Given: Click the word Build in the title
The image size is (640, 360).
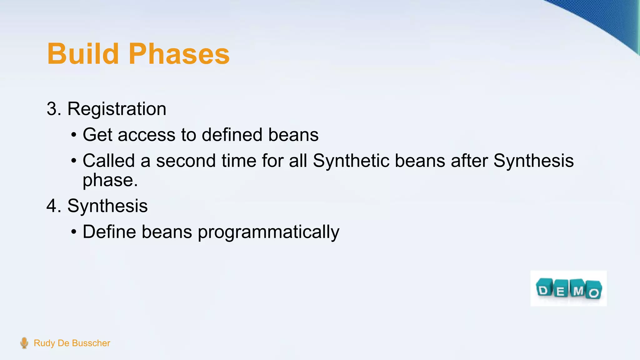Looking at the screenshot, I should [x=83, y=54].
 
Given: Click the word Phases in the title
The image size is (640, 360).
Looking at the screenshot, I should [x=179, y=54].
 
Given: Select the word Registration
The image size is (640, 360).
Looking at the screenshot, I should [x=117, y=109].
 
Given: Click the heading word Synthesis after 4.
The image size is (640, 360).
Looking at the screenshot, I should [x=107, y=206].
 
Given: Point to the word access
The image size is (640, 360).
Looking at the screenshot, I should [x=147, y=135].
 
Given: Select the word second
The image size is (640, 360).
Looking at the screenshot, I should [x=186, y=161].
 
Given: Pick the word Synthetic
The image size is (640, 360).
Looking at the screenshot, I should [x=351, y=161].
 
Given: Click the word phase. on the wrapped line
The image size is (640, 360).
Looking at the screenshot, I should [x=110, y=180].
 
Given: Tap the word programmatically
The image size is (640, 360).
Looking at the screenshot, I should [x=268, y=232].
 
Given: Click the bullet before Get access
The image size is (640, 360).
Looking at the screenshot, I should [x=73, y=135].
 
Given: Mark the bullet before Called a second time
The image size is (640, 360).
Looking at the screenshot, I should [x=73, y=161].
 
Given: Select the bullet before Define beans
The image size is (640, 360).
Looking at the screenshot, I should [x=73, y=232].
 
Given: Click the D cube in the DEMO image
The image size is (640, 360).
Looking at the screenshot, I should [x=544, y=289].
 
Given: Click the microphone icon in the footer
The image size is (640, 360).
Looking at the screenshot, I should [x=24, y=343].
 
